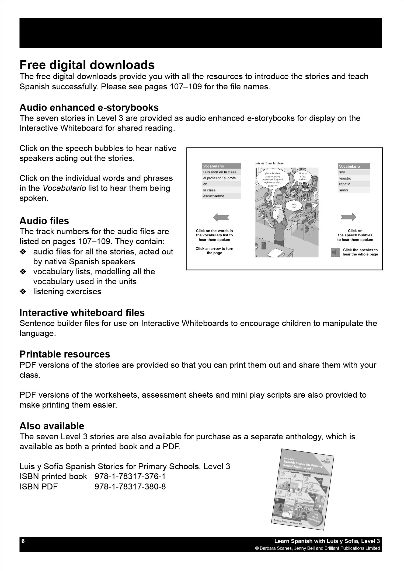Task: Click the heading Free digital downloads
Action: (x=87, y=65)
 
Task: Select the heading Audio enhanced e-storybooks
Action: (x=89, y=108)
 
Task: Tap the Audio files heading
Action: (x=44, y=221)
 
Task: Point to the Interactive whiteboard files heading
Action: (x=82, y=313)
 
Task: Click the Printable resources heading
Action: (x=65, y=354)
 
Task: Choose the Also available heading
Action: (x=52, y=426)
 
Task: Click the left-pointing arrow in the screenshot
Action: (x=221, y=217)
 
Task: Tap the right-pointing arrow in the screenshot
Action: (x=348, y=217)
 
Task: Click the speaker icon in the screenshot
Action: (x=335, y=252)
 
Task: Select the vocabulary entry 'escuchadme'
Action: (x=214, y=196)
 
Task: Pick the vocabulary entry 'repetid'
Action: (x=345, y=184)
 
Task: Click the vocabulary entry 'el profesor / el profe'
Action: (x=219, y=178)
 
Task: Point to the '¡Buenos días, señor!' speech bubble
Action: (x=303, y=177)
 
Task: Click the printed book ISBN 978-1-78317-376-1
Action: (x=130, y=477)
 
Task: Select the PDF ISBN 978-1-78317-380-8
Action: (x=130, y=487)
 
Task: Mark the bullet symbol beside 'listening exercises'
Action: (x=23, y=292)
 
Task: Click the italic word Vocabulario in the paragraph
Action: (x=64, y=188)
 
